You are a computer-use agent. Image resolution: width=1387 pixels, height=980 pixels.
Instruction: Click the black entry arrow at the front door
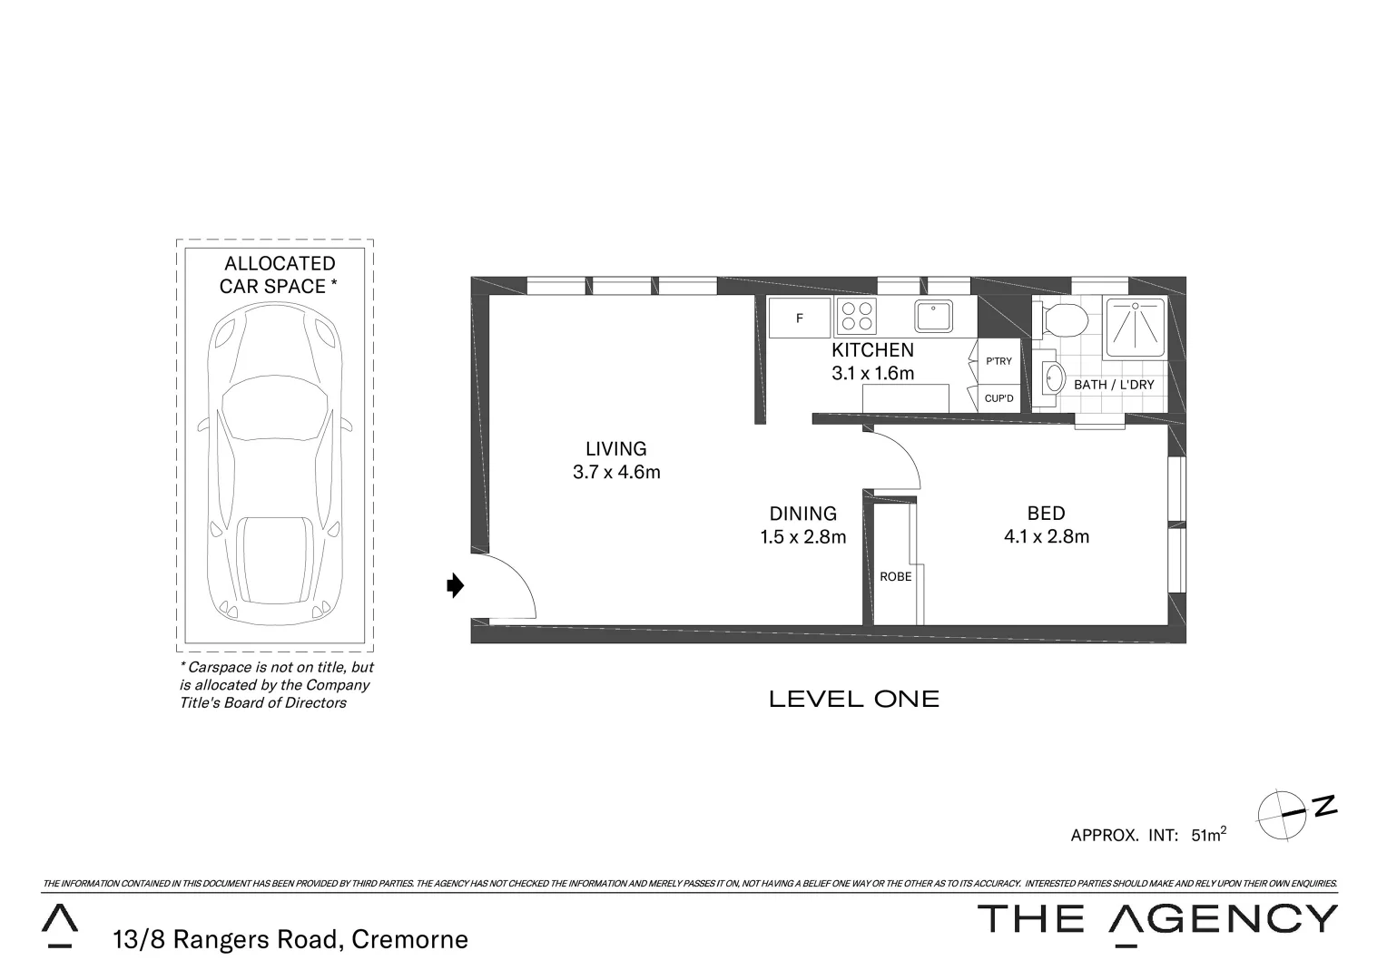click(456, 586)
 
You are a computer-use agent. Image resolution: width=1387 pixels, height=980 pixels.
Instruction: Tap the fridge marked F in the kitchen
click(800, 318)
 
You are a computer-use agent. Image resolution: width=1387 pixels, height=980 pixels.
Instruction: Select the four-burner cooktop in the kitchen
click(858, 317)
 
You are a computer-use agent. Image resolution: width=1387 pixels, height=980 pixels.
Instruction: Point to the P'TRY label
click(998, 361)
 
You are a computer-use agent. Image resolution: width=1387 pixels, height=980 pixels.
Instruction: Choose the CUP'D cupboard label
click(998, 398)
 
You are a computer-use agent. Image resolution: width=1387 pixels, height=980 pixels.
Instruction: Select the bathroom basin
click(1053, 378)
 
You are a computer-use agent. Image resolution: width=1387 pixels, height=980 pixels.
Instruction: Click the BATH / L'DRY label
click(1114, 385)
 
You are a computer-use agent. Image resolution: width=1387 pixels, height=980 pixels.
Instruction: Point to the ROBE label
click(895, 576)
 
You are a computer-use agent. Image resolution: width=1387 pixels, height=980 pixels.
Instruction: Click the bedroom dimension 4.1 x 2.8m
click(1046, 537)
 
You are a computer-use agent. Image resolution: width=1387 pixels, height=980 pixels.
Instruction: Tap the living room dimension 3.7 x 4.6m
click(616, 472)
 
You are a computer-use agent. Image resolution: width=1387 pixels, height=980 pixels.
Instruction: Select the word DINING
click(802, 514)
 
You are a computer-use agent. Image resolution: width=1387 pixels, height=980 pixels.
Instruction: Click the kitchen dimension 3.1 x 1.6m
click(872, 373)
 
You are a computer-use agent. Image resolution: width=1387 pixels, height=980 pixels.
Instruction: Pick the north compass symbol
click(1283, 813)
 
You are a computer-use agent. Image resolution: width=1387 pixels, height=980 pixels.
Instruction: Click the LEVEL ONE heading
click(853, 699)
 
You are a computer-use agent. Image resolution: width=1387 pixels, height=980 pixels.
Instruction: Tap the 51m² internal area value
click(1208, 835)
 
